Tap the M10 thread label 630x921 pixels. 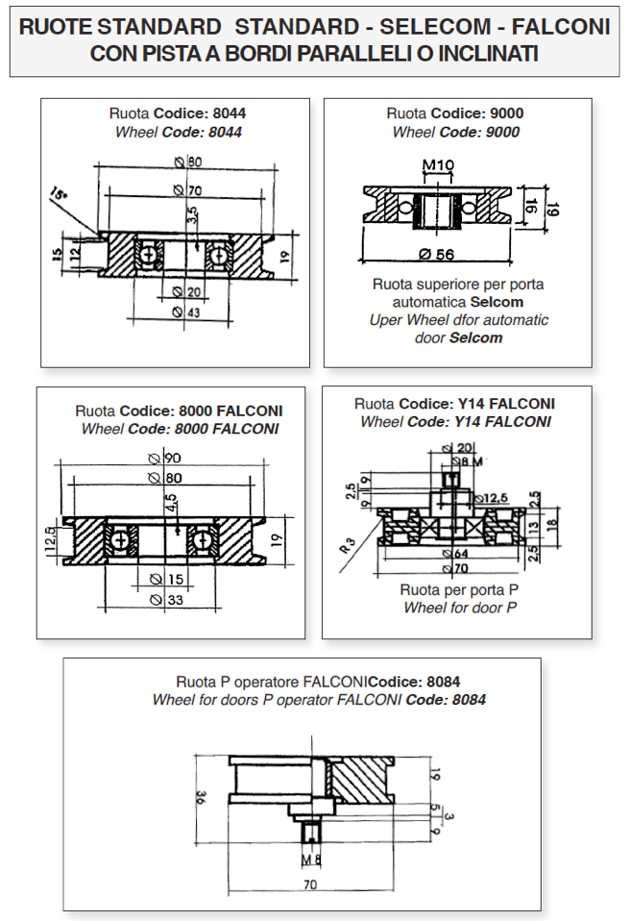[x=438, y=166]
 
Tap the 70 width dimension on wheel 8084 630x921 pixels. [x=309, y=882]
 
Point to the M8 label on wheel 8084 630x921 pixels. [x=310, y=859]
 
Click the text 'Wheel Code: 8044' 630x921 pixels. [x=174, y=132]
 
